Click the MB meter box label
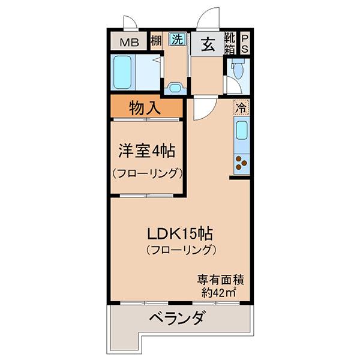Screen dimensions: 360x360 tap(129, 43)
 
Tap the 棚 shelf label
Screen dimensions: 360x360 tap(156, 41)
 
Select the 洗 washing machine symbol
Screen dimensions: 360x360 tap(178, 39)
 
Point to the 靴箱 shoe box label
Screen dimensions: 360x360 tap(230, 43)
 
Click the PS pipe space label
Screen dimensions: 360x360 tap(245, 43)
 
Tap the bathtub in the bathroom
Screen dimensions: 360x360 tap(122, 73)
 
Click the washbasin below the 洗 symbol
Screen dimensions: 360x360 tap(176, 88)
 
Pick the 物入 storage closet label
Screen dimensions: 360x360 tap(145, 108)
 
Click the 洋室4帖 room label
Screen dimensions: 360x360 tap(147, 151)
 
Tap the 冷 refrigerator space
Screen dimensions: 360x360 tap(241, 107)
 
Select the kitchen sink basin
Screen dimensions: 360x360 tap(242, 130)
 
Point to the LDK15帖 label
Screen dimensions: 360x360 tap(180, 233)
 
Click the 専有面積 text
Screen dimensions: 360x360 tap(220, 280)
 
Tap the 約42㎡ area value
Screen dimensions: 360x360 tap(219, 293)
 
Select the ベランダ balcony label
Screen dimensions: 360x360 tap(176, 318)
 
